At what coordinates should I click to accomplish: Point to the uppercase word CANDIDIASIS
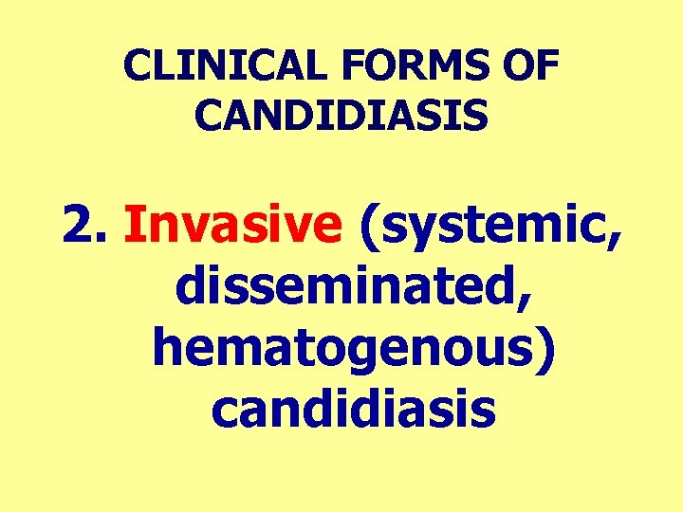[x=341, y=116]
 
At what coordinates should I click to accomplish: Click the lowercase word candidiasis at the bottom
[x=353, y=410]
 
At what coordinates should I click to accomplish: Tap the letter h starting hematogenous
[x=167, y=347]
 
